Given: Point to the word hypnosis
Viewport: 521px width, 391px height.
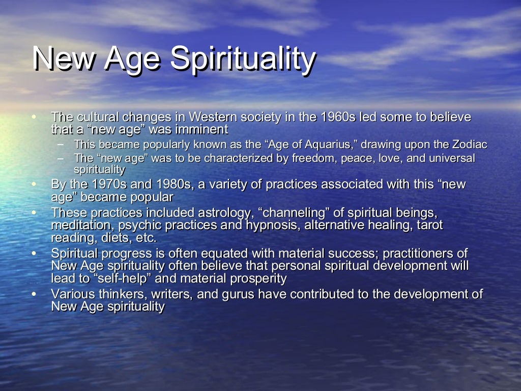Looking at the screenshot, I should [x=275, y=225].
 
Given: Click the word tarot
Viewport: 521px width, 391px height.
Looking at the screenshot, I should [x=430, y=225].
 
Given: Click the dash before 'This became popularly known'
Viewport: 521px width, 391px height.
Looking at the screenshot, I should [x=62, y=145].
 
